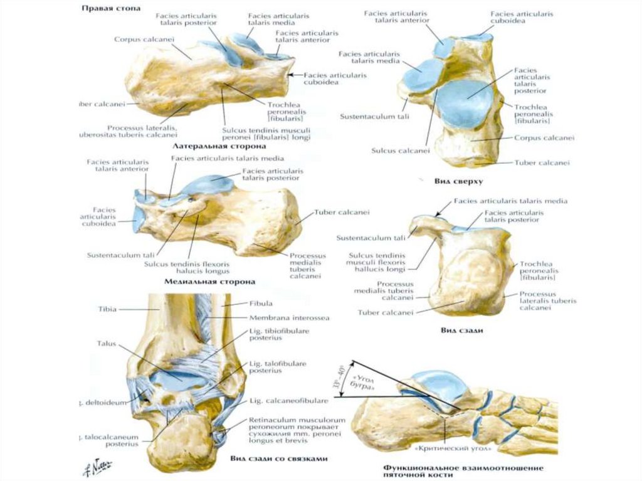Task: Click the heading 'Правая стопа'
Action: [x=111, y=9]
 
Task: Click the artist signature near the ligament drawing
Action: [x=102, y=465]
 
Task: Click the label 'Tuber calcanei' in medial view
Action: [x=342, y=212]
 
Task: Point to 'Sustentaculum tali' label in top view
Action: [x=367, y=117]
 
